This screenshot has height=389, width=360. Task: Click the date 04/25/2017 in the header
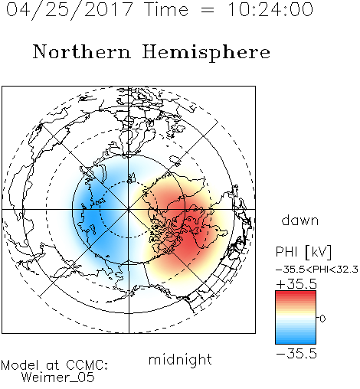tap(70, 10)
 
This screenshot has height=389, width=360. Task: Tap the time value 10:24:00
tap(270, 9)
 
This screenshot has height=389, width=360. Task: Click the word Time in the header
tap(166, 9)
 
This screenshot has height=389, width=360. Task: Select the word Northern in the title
tap(82, 52)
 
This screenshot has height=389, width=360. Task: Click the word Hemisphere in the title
tap(206, 53)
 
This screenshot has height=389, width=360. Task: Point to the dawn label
tap(300, 220)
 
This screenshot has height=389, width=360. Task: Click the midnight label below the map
tap(180, 360)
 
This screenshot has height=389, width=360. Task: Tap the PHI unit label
tap(286, 252)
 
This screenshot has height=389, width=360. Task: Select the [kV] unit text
tap(318, 252)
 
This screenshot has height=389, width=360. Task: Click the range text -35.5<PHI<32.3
tap(317, 270)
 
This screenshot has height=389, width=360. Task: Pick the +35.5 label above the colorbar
tap(296, 284)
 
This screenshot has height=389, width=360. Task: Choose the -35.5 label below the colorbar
tap(296, 354)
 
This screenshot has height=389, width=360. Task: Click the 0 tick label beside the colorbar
tap(322, 319)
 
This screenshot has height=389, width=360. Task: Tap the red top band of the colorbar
tap(296, 294)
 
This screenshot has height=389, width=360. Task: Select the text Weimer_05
tap(58, 378)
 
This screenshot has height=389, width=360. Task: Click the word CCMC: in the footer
tap(87, 365)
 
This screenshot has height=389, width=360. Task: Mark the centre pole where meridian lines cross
tap(129, 210)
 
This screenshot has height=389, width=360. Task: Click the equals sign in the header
tap(208, 10)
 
